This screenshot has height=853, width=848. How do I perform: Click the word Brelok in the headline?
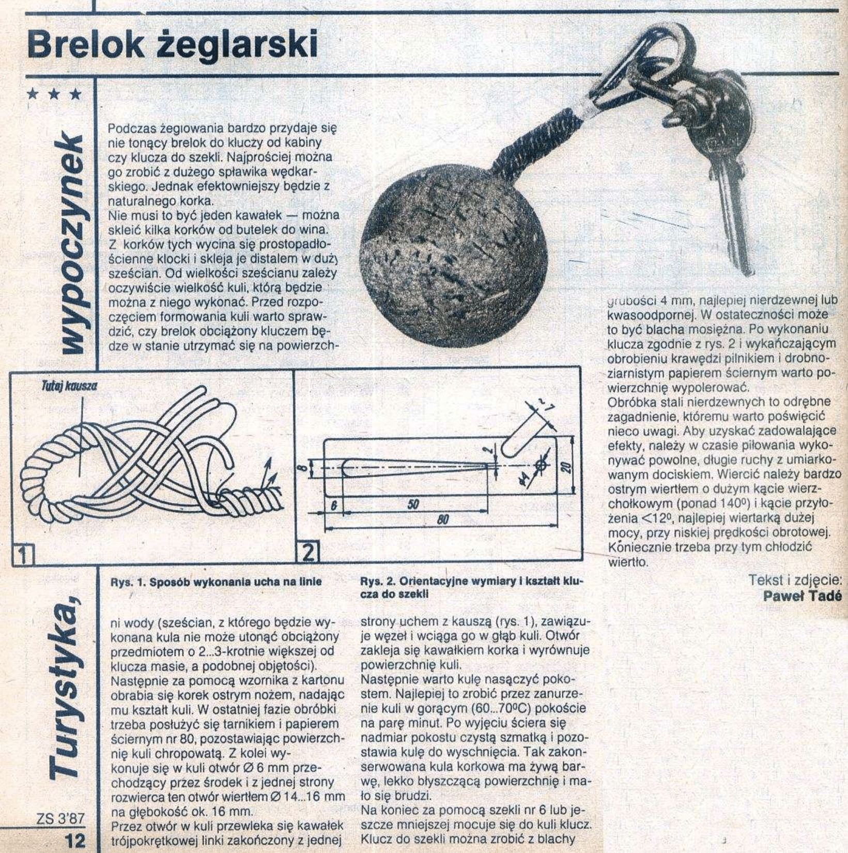pyautogui.click(x=86, y=44)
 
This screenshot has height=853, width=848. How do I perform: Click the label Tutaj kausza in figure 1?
pyautogui.click(x=68, y=385)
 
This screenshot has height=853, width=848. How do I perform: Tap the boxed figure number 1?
pyautogui.click(x=21, y=555)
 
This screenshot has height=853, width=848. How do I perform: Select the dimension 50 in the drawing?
pyautogui.click(x=412, y=505)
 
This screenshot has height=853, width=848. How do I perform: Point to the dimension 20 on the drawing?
pyautogui.click(x=566, y=467)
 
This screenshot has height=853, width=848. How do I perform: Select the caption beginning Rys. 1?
pyautogui.click(x=216, y=582)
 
